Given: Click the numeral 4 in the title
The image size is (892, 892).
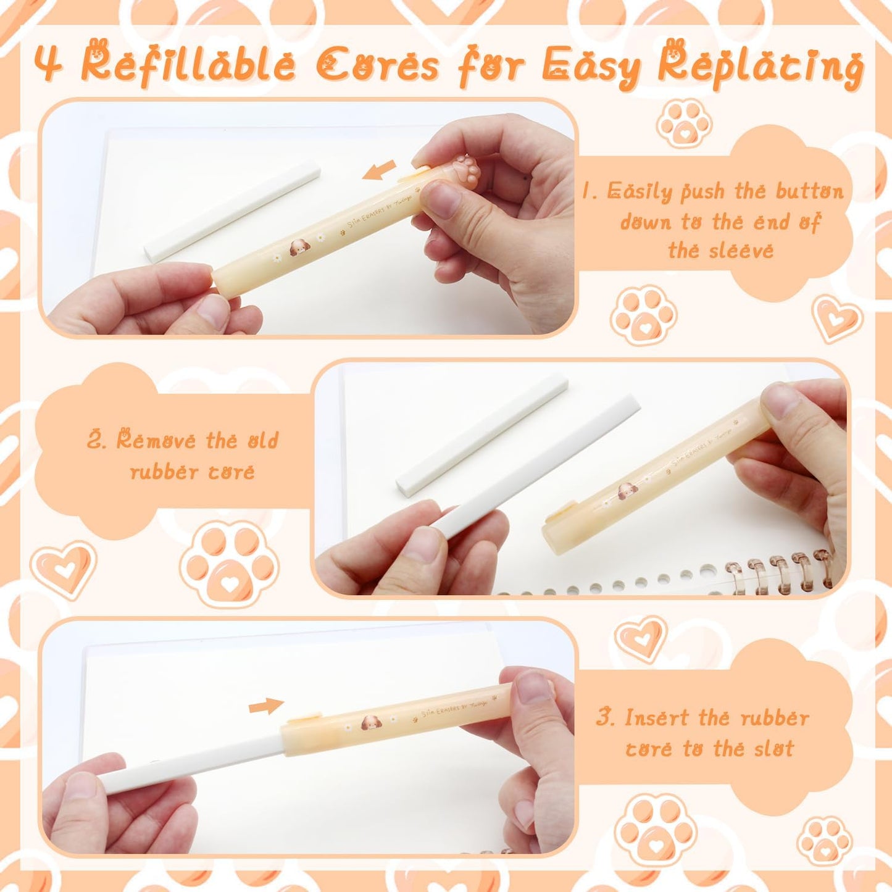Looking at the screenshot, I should (x=48, y=63).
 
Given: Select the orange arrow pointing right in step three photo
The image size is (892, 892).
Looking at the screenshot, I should (x=266, y=706).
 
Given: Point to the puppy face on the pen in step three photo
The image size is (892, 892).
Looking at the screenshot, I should (x=371, y=722).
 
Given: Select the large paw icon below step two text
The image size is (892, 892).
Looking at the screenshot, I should (x=230, y=563).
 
